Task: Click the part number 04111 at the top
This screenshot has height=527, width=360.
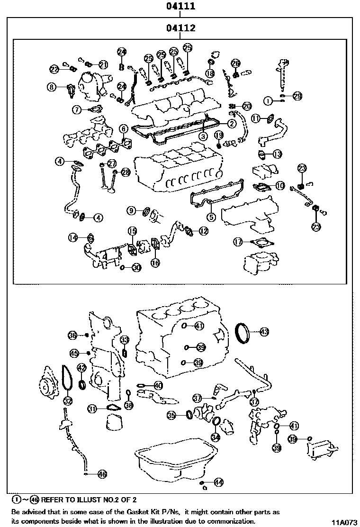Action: (180, 7)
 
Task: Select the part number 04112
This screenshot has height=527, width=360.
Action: (180, 29)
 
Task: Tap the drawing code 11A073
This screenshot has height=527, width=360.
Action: (343, 522)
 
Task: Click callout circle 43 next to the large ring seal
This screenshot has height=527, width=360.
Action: (264, 331)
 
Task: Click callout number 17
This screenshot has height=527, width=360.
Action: (238, 242)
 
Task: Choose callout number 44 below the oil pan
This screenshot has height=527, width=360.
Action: (218, 482)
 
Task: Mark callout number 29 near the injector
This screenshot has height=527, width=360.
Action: (297, 96)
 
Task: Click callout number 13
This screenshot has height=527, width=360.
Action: (277, 154)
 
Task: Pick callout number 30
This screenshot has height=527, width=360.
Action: (136, 268)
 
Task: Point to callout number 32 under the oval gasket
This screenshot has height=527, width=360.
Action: (68, 401)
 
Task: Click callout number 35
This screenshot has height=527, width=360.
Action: (172, 415)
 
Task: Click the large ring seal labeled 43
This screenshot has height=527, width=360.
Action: (243, 332)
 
